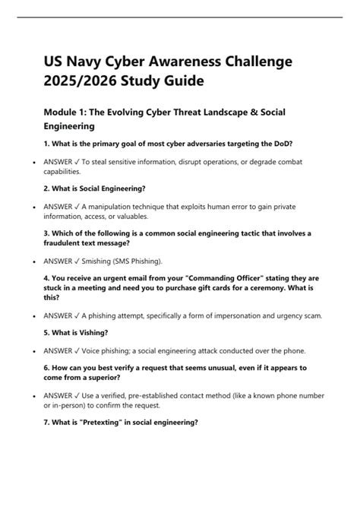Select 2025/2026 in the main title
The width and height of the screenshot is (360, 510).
83,80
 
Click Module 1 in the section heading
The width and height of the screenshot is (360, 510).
68,112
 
